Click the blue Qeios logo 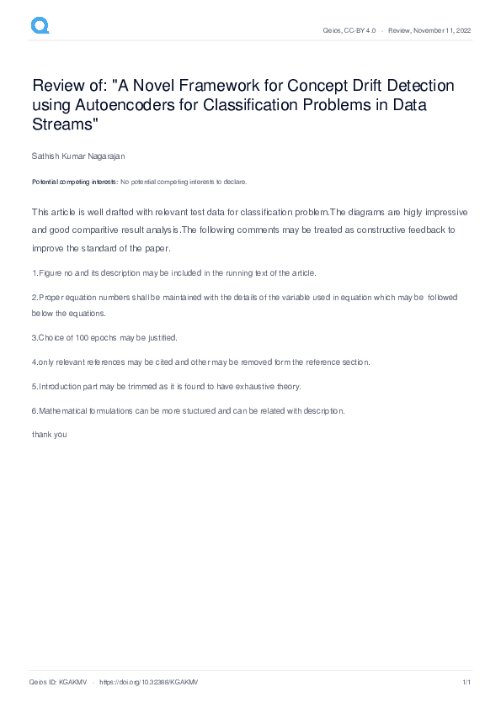pyautogui.click(x=40, y=26)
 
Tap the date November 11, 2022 pyautogui.click(x=441, y=30)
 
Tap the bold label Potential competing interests pyautogui.click(x=75, y=182)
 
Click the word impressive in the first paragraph pyautogui.click(x=440, y=212)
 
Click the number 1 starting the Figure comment pyautogui.click(x=34, y=273)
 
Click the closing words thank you pyautogui.click(x=49, y=435)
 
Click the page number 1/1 pyautogui.click(x=466, y=682)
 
